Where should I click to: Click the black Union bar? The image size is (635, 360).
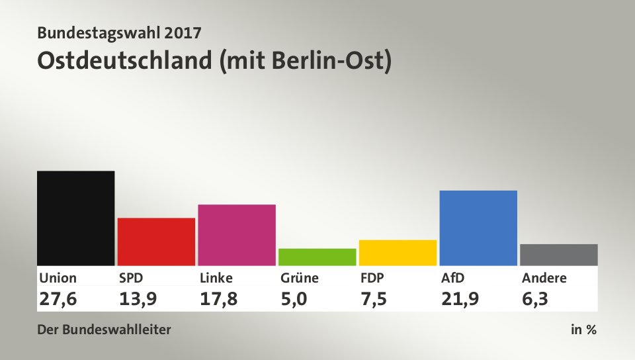pyautogui.click(x=75, y=218)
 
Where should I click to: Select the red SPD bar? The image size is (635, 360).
pyautogui.click(x=156, y=242)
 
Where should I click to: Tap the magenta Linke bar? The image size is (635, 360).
pyautogui.click(x=237, y=235)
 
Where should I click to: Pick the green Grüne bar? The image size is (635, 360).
pyautogui.click(x=317, y=257)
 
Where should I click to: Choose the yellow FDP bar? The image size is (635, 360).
pyautogui.click(x=398, y=252)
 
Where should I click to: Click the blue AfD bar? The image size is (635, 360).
pyautogui.click(x=478, y=228)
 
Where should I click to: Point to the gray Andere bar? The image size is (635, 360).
pyautogui.click(x=559, y=255)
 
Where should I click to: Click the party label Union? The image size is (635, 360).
pyautogui.click(x=58, y=278)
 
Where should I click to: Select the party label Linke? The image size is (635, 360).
pyautogui.click(x=216, y=278)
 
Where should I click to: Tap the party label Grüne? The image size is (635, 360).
pyautogui.click(x=300, y=278)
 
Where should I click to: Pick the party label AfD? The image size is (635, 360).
pyautogui.click(x=453, y=278)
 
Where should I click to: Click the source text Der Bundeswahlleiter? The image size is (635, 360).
pyautogui.click(x=105, y=330)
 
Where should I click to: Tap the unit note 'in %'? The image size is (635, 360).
pyautogui.click(x=583, y=330)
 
